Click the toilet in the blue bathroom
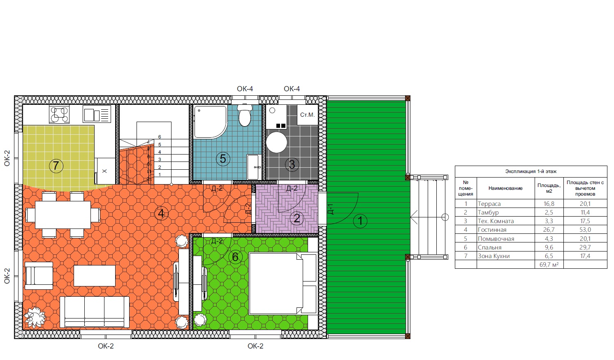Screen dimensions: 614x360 pos(245,115)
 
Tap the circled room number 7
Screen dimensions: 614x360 pos(56,166)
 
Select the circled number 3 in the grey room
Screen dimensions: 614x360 pos(292,164)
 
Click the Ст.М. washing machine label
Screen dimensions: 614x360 pos(307,115)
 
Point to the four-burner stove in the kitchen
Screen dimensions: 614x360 pos(59,114)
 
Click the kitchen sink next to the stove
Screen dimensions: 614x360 pos(97,114)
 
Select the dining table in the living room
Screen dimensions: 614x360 pos(63,215)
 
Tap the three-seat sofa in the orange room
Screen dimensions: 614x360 pos(95,312)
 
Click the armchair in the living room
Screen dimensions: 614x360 pos(39,276)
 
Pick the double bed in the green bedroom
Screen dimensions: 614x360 pos(283,284)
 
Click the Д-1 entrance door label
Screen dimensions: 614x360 pos(331,209)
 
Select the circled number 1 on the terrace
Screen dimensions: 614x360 pos(360,221)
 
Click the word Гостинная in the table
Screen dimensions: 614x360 pos(492,230)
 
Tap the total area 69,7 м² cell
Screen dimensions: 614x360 pos(549,264)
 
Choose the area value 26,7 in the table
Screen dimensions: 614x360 pos(549,230)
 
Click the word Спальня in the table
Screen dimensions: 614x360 pos(489,247)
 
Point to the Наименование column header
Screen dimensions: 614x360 pos(505,188)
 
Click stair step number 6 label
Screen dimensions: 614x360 pos(160,137)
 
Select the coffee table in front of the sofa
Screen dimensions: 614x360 pos(95,276)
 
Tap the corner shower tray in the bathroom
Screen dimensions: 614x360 pos(211,122)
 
